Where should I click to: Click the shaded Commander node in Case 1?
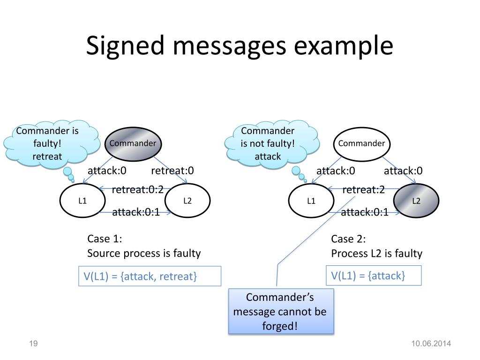[x=133, y=144]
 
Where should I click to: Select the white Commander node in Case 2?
[x=361, y=144]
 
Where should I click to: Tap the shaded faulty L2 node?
[x=416, y=201]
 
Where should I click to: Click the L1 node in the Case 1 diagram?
[x=82, y=201]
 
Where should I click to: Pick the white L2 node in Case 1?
[x=187, y=201]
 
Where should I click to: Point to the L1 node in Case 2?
[x=311, y=201]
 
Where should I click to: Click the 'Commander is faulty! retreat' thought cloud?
[x=51, y=144]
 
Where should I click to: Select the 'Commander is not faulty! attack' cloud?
[x=271, y=144]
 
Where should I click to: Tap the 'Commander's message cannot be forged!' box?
[x=281, y=311]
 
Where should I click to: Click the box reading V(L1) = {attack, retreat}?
[x=150, y=276]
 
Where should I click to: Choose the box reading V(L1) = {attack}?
[x=374, y=276]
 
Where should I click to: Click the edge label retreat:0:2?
[x=137, y=190]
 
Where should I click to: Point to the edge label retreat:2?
[x=363, y=190]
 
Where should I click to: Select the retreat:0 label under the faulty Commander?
[x=172, y=171]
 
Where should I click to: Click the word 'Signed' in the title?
[x=125, y=46]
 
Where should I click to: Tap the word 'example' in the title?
[x=344, y=46]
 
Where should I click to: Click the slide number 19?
[x=33, y=344]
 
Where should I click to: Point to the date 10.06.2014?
[x=431, y=344]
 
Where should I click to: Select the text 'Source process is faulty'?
[x=144, y=254]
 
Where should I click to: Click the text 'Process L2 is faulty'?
[x=376, y=254]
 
